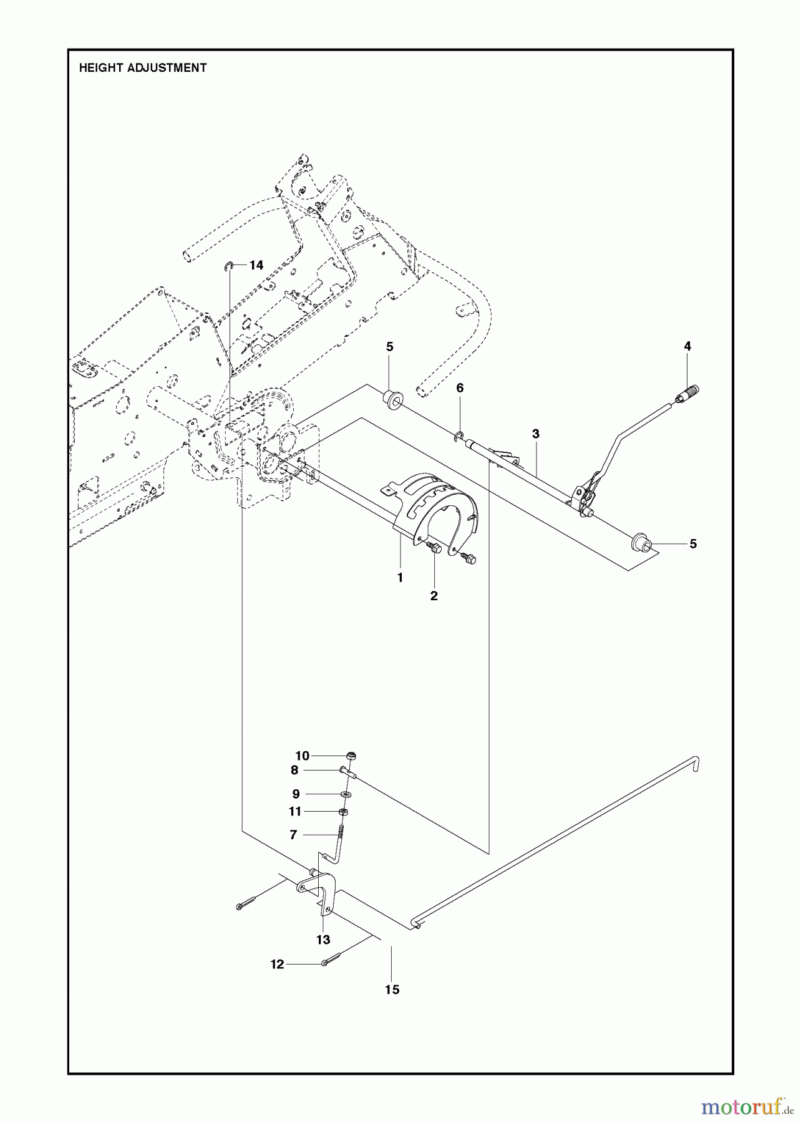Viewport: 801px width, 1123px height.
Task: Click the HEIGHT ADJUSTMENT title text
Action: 142,68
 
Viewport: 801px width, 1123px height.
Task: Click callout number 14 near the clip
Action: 256,265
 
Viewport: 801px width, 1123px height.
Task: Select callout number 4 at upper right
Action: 687,346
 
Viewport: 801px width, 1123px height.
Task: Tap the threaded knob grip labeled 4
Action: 689,394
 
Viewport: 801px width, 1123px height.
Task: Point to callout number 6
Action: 460,388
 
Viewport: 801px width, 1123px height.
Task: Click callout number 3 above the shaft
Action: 535,434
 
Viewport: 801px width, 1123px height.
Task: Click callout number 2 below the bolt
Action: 434,596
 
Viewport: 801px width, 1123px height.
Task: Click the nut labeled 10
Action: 351,756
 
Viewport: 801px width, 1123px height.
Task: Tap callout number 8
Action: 294,771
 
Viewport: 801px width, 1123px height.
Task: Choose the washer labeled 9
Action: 346,794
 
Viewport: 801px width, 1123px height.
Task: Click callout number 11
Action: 294,811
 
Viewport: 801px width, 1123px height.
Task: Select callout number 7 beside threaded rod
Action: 293,835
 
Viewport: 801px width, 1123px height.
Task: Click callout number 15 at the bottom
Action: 392,989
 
